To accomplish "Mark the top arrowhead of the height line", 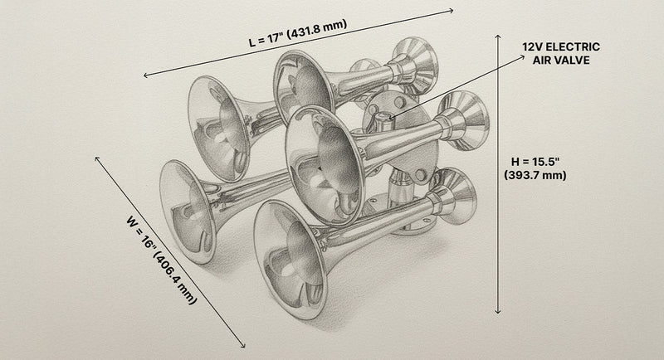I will (498, 37).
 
